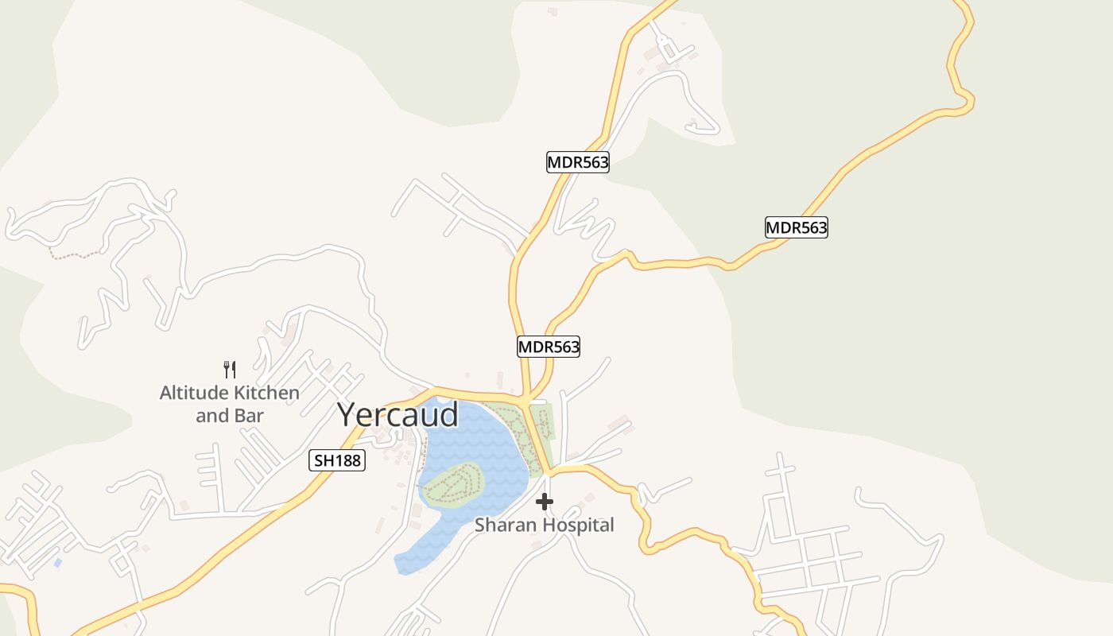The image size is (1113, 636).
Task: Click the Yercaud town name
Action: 397,415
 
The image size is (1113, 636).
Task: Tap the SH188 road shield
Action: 337,460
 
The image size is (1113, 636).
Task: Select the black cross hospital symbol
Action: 545,502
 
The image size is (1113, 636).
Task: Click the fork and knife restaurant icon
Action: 230,369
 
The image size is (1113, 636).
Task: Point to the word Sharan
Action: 503,525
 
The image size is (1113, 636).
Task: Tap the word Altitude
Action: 193,393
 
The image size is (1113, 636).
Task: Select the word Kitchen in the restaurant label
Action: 266,393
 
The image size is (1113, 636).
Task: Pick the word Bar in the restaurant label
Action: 250,416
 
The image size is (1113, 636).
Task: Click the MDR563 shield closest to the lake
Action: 549,347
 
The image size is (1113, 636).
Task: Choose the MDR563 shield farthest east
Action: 796,227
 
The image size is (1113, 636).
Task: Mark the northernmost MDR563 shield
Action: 578,163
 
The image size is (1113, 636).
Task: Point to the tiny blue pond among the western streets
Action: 57,563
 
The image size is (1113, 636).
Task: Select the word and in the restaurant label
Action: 211,416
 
